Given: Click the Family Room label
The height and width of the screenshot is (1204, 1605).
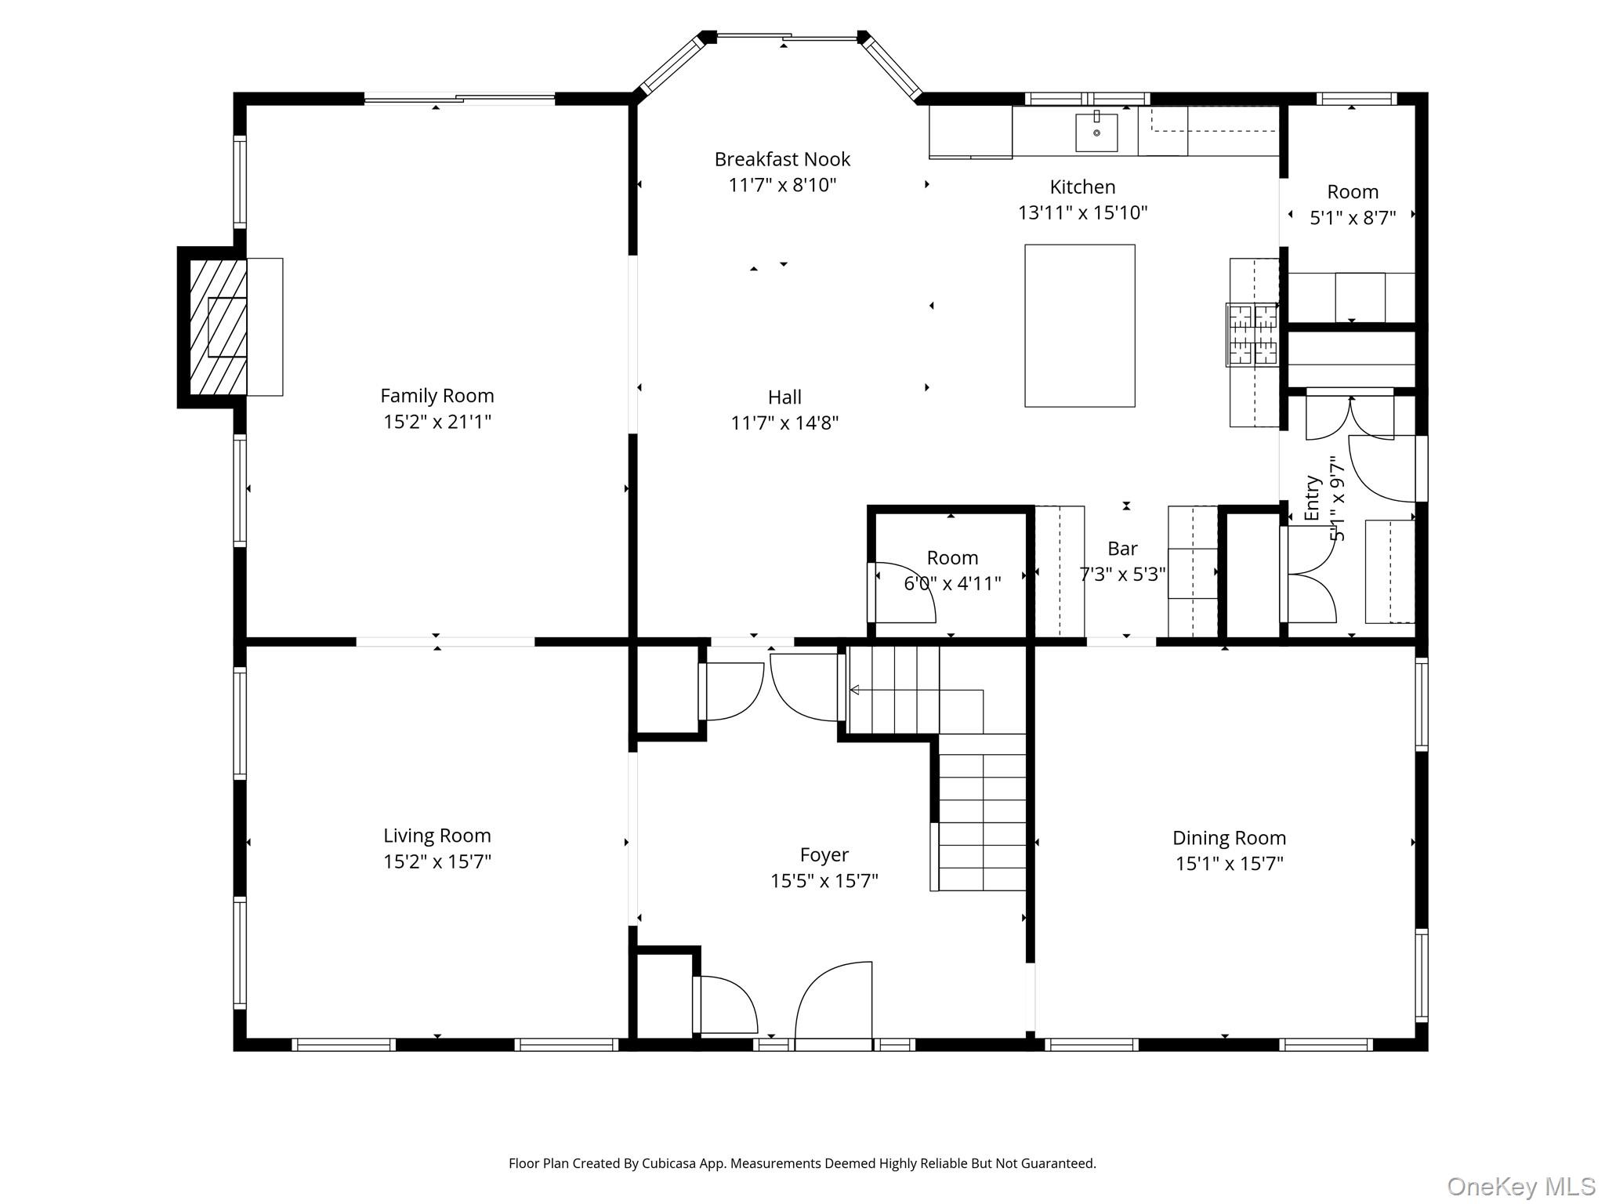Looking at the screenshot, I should coord(437,396).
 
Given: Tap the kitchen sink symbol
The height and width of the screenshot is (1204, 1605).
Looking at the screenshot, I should coord(1096,132).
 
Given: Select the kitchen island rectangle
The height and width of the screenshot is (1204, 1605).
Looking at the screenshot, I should coord(1079,325).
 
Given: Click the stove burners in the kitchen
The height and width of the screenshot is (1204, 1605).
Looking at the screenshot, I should coord(1252,335).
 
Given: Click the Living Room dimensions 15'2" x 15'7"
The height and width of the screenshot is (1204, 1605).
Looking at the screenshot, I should coord(437,861).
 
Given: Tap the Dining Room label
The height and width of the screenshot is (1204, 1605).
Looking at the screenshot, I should coord(1228,838).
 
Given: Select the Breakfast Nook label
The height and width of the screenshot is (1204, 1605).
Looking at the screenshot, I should coord(782,159).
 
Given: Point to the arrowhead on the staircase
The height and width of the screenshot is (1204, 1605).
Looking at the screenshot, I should coord(855,690).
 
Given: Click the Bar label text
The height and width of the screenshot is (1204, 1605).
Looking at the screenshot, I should coord(1122,549).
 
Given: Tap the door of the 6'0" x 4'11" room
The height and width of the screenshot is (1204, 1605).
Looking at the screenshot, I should coord(901,593).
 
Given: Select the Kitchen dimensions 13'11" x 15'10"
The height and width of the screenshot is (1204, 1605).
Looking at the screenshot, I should coord(1082,212).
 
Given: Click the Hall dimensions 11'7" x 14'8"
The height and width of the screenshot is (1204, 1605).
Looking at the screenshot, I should coord(784,423).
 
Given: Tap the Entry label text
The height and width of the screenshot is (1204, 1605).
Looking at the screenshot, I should coord(1312,499).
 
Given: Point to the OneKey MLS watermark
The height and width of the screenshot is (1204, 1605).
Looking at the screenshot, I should coord(1520,1187).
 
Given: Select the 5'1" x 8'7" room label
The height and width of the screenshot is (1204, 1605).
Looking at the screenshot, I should coord(1353,192).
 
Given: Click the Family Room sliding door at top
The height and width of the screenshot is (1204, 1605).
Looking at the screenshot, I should coord(460,99).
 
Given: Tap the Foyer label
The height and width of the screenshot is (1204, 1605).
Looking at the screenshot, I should coord(824,854).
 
